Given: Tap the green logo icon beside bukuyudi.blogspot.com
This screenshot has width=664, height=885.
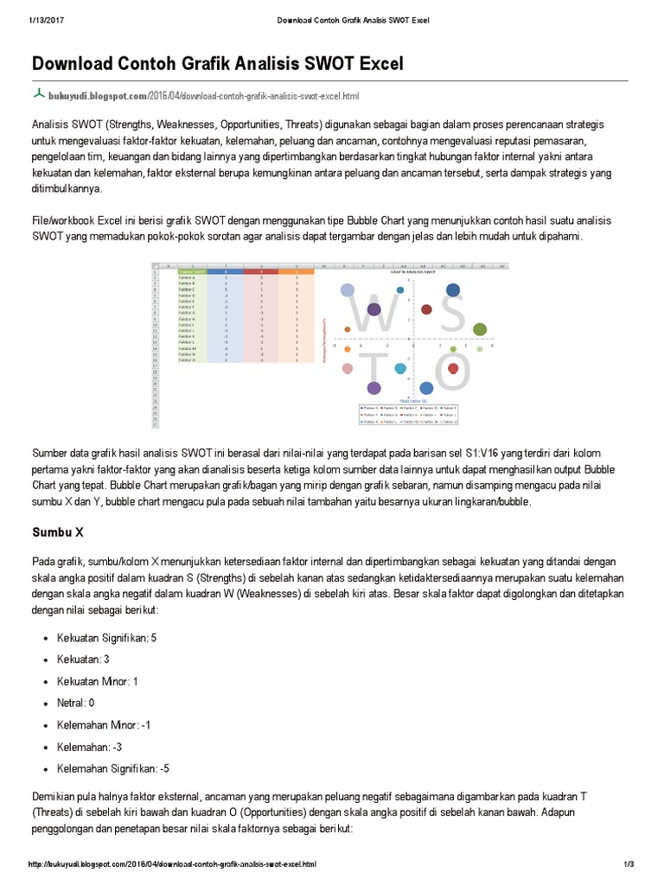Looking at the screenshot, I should click(x=38, y=93).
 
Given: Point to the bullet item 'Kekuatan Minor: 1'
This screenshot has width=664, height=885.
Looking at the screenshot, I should click(x=98, y=681).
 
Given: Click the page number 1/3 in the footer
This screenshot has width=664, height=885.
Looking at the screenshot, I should click(x=629, y=864).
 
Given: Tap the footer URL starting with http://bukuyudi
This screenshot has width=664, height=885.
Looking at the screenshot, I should click(x=173, y=864).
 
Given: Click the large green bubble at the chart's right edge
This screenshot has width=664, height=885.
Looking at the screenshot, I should click(x=480, y=328).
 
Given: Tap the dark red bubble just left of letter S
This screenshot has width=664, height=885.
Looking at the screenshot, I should click(x=426, y=309).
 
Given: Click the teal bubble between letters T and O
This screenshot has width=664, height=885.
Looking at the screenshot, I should click(x=400, y=369).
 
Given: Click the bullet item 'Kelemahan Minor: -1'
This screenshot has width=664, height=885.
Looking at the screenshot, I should click(x=104, y=724).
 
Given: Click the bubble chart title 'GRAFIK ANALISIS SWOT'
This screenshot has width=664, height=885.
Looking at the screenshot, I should click(x=412, y=271).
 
